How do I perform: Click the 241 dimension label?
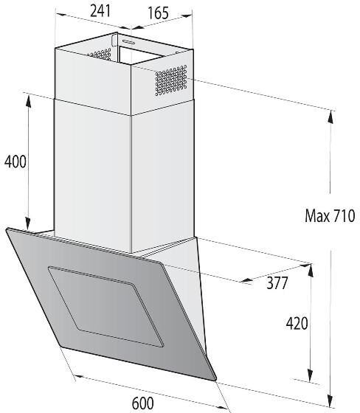point(100,11)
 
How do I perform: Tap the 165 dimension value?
point(158,13)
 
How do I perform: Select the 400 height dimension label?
point(15,162)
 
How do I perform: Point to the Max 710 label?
point(330,215)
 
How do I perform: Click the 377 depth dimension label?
point(277,283)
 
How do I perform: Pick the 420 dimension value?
point(297,323)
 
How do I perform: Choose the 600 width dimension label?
point(143,403)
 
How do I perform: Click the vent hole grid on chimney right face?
point(171,80)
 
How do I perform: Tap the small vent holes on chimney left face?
point(100,54)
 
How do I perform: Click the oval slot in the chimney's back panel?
point(129,41)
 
